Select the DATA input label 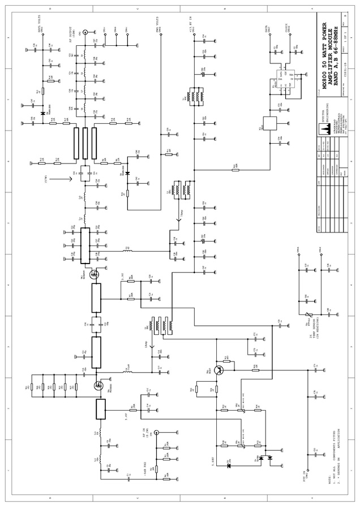pyautogui.click(x=266, y=28)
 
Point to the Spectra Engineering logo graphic pyautogui.click(x=325, y=128)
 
